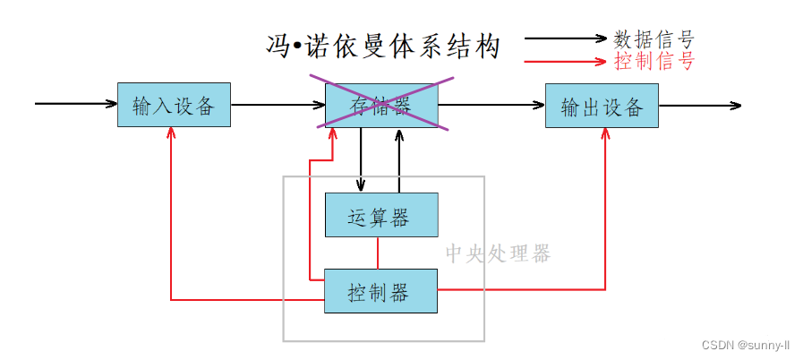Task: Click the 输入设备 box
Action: click(175, 105)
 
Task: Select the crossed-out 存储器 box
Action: click(381, 105)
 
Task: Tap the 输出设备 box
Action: click(602, 106)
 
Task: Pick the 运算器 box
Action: click(381, 215)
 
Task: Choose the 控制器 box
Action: click(381, 291)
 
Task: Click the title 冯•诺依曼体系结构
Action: click(382, 47)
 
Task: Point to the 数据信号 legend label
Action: click(654, 39)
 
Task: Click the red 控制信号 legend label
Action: click(654, 62)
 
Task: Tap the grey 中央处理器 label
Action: click(498, 253)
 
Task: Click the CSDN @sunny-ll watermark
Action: click(746, 345)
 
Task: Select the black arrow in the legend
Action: click(566, 38)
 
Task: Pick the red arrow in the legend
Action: click(566, 62)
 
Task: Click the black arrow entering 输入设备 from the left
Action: click(76, 104)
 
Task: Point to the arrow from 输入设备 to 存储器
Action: click(278, 105)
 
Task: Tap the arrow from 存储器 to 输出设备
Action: click(491, 105)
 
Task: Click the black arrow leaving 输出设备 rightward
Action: click(700, 106)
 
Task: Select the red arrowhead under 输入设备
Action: click(172, 133)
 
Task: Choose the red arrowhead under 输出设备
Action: click(606, 133)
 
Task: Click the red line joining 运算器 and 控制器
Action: click(378, 253)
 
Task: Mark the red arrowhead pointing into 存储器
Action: click(333, 133)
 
